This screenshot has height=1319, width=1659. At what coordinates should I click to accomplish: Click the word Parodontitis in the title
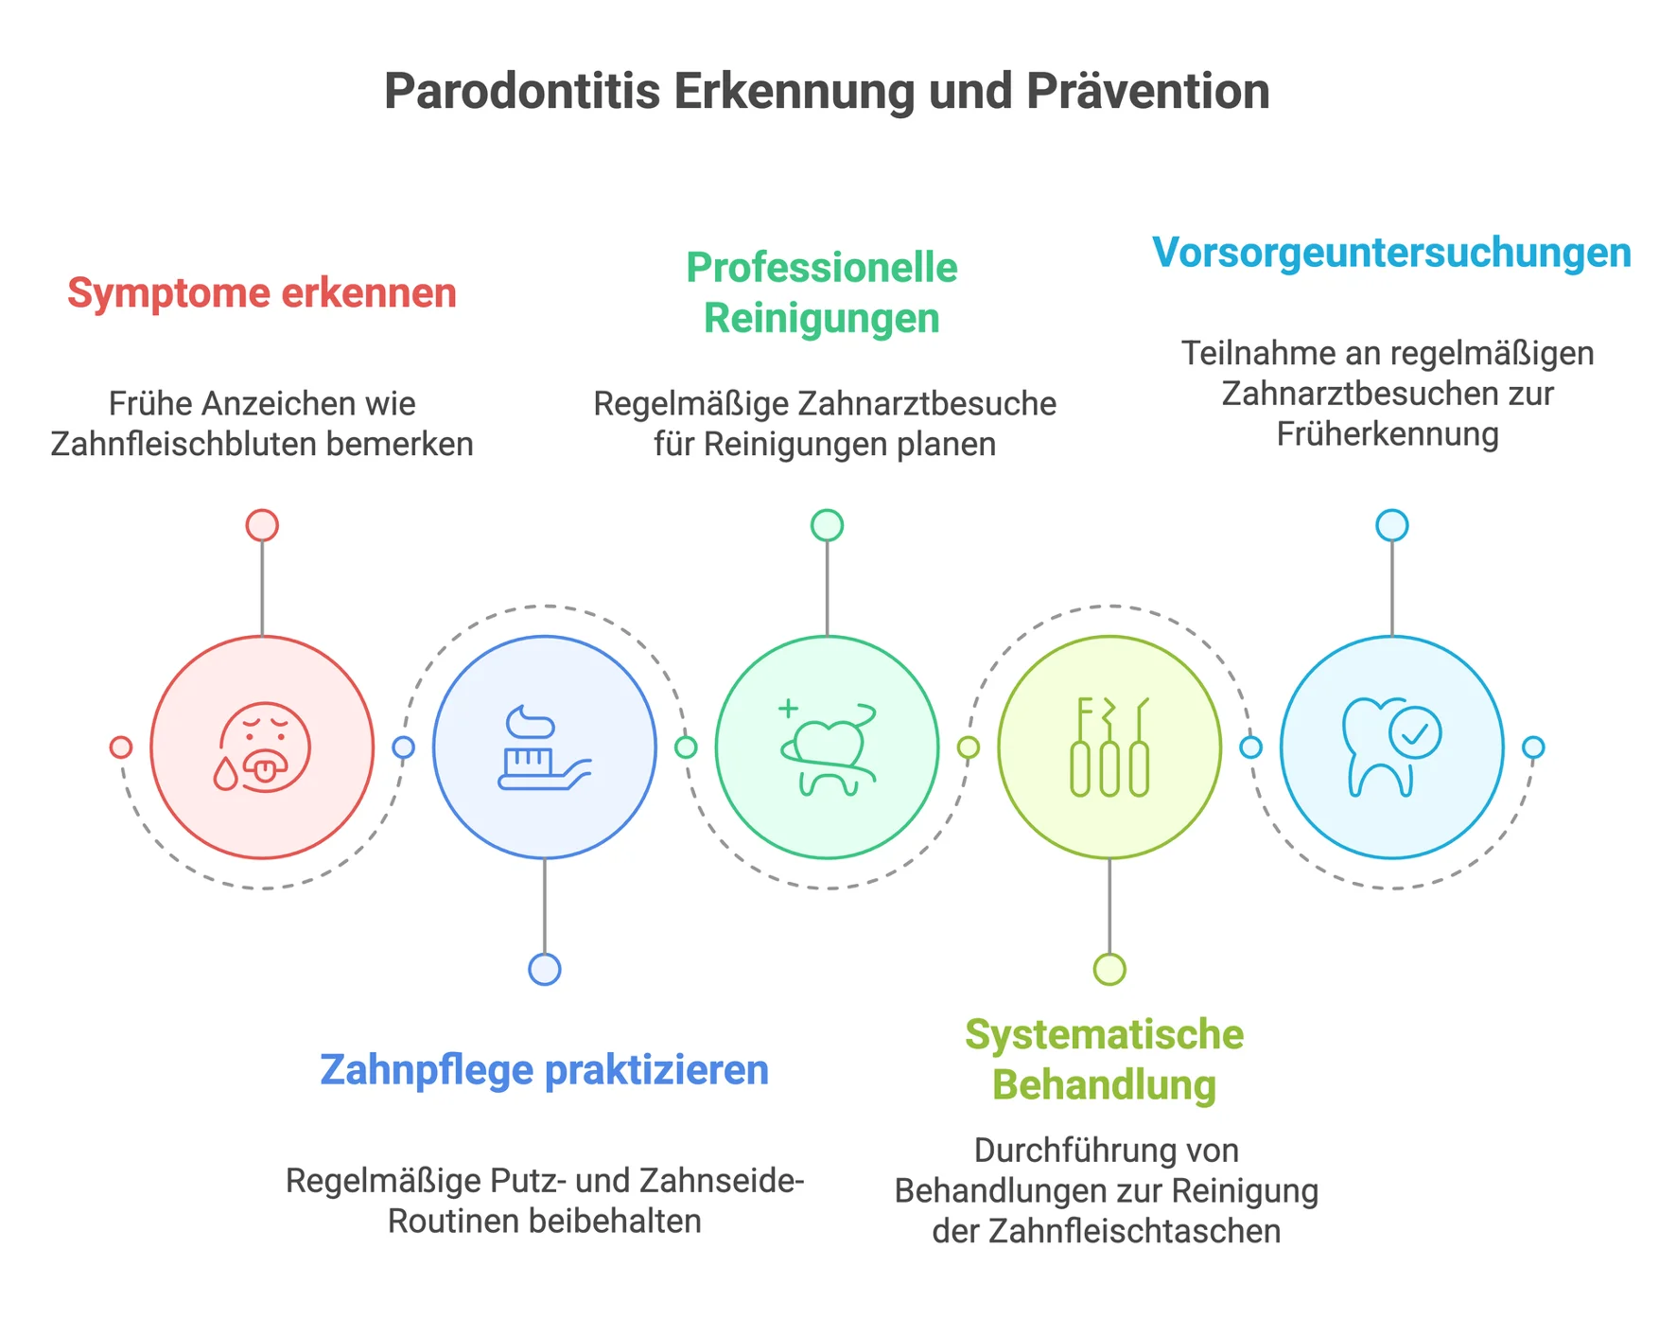click(x=521, y=93)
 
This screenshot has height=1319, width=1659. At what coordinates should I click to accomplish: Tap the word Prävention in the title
click(x=1148, y=93)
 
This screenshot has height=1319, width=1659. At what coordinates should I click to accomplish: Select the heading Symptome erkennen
click(x=262, y=293)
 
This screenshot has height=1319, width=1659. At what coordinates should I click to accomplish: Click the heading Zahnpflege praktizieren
click(x=544, y=1070)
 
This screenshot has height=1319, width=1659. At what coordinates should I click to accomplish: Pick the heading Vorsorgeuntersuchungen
click(x=1391, y=254)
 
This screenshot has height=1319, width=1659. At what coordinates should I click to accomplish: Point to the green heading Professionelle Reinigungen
click(x=822, y=292)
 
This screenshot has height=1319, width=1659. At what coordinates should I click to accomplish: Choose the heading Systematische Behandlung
click(x=1105, y=1060)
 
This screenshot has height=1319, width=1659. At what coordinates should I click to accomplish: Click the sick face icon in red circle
click(x=265, y=746)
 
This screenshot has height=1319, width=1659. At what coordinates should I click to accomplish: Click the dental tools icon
click(x=1109, y=747)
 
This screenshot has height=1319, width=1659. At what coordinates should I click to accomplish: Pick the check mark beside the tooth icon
click(x=1415, y=732)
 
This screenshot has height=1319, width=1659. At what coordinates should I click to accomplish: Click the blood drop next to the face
click(x=225, y=774)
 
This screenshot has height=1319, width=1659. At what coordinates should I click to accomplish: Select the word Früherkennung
click(x=1388, y=434)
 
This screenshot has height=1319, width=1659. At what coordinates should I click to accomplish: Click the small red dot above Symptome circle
click(x=262, y=525)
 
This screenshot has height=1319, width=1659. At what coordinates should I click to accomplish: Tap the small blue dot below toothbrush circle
click(x=545, y=969)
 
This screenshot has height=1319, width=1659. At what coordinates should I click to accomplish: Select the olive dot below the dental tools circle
click(x=1109, y=969)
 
